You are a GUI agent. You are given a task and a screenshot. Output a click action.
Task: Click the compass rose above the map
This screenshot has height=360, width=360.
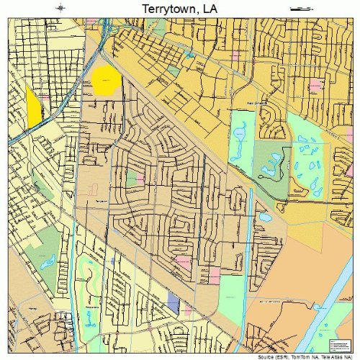60,8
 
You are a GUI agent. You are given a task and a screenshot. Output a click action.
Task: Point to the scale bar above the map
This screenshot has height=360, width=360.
300,8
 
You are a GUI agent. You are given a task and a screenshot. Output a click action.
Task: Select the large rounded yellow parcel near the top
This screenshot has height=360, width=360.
105,81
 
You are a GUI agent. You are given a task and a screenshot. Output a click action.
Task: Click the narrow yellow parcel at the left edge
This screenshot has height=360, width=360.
33,107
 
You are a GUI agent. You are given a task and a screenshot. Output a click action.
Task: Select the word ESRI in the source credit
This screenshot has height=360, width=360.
281,356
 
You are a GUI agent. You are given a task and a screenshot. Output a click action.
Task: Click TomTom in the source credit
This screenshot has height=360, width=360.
303,356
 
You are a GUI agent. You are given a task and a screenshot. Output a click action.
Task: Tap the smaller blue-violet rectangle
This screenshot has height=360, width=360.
112,260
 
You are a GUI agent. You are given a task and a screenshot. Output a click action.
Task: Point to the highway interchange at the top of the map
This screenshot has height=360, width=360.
105,32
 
